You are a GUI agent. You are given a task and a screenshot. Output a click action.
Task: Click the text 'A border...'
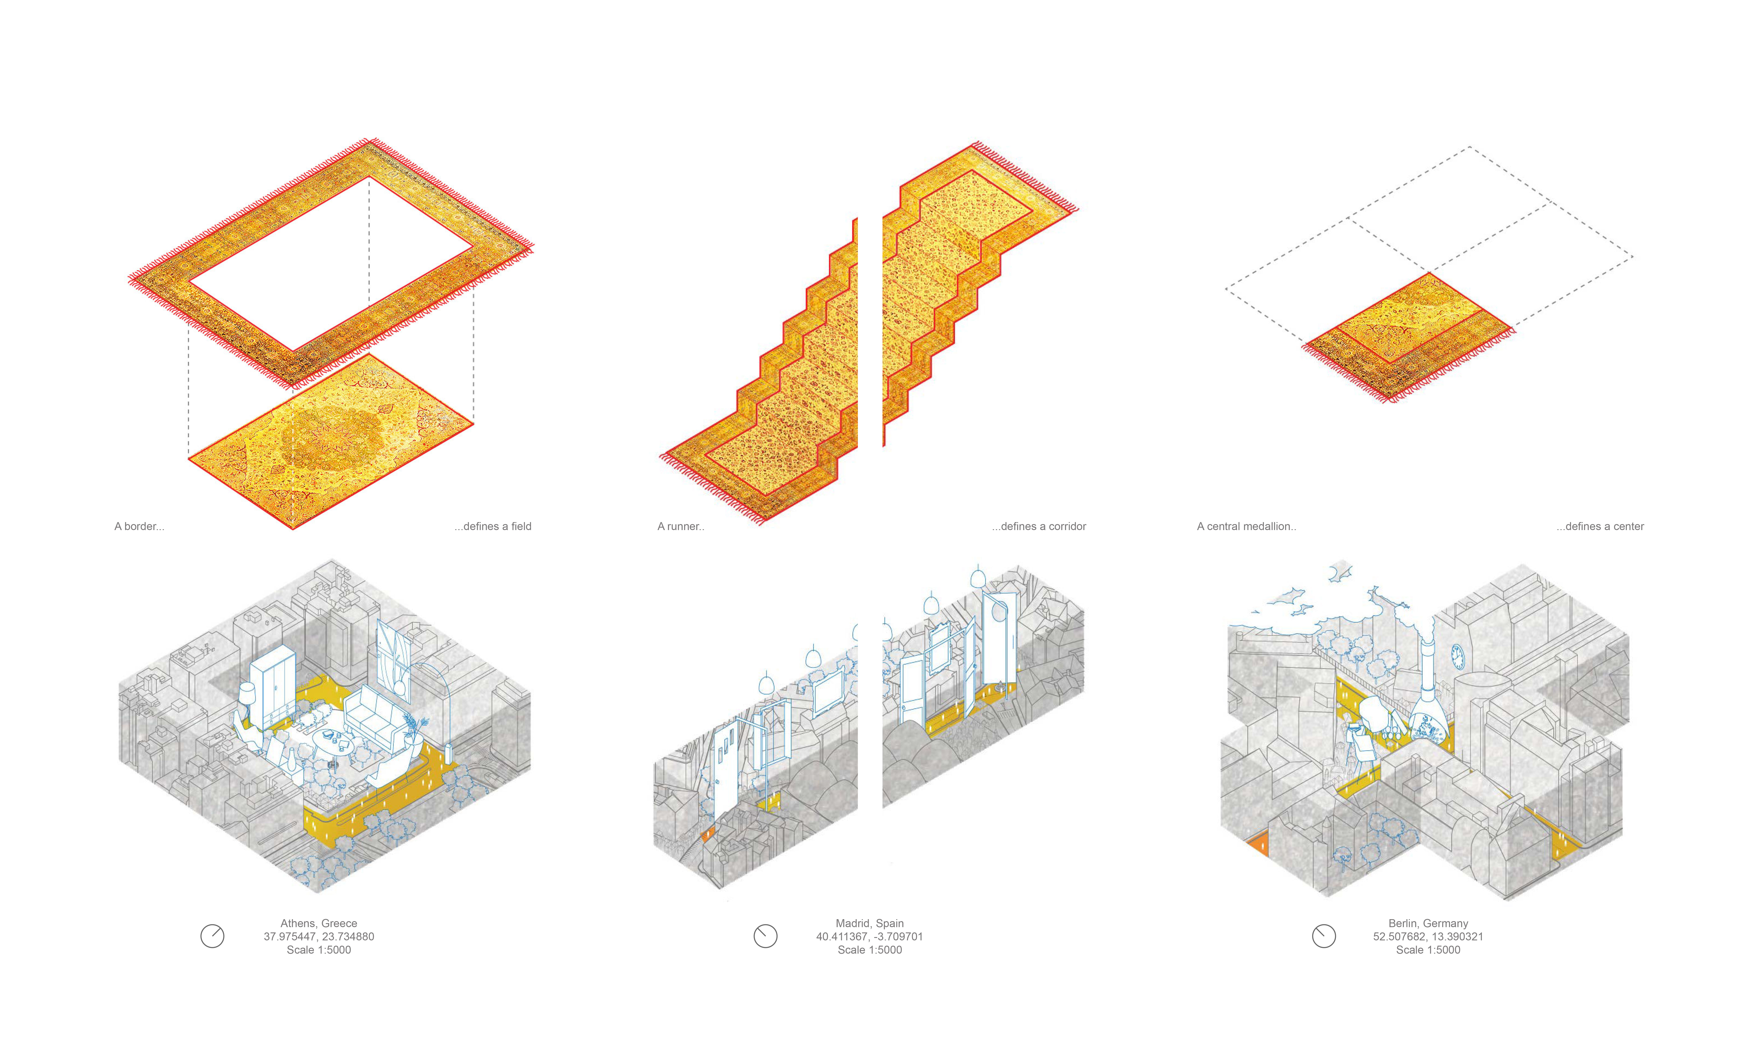coord(139,526)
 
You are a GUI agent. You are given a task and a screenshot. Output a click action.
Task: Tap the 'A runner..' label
coord(680,526)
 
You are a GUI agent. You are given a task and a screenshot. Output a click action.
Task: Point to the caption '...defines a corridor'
coord(1039,526)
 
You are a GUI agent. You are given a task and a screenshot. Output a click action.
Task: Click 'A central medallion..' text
coord(1246,526)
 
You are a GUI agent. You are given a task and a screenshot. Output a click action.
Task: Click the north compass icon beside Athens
coord(212,936)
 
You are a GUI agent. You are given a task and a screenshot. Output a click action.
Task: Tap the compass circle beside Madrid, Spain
coord(765,936)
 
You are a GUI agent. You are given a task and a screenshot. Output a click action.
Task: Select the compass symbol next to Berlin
coord(1324,936)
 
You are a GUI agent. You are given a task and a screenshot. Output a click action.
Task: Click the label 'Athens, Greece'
coord(319,923)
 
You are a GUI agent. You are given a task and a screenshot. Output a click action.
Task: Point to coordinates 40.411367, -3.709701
coord(869,936)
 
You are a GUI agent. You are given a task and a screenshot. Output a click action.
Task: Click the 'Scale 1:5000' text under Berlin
coord(1428,950)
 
